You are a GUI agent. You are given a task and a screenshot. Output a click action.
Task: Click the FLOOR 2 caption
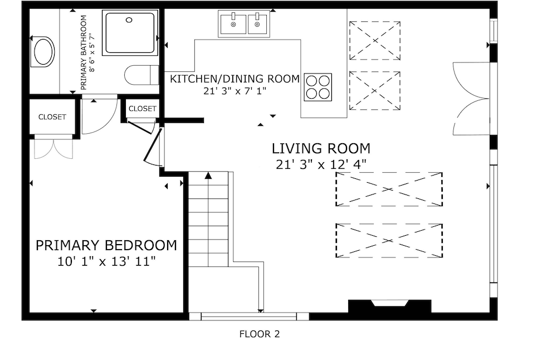260,334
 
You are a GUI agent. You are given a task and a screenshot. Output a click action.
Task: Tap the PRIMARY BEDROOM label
106,246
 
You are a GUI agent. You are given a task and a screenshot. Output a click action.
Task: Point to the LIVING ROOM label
321,149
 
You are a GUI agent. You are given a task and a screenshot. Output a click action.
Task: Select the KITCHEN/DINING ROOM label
235,79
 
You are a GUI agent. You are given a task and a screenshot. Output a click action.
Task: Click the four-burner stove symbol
318,87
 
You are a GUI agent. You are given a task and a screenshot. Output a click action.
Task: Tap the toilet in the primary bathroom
141,75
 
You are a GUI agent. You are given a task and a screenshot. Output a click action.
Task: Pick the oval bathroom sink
43,52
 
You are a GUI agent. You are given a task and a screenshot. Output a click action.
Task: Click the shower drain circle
129,20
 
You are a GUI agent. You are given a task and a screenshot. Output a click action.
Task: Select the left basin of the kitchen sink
233,24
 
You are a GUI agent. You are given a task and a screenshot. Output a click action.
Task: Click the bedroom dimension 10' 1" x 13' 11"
106,262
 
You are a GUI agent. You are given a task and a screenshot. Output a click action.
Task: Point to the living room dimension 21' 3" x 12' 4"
321,165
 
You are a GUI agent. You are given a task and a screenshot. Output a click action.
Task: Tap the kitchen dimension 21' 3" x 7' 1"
235,91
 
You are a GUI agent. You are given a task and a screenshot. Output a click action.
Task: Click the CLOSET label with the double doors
52,117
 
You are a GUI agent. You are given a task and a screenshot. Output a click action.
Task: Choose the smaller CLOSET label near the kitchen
142,109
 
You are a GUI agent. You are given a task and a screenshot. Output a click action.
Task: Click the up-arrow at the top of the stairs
208,175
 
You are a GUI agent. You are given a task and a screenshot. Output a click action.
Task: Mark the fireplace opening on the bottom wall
390,303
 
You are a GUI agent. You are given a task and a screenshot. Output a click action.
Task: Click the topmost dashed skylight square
375,41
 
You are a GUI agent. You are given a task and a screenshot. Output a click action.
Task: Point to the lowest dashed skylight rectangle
389,241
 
